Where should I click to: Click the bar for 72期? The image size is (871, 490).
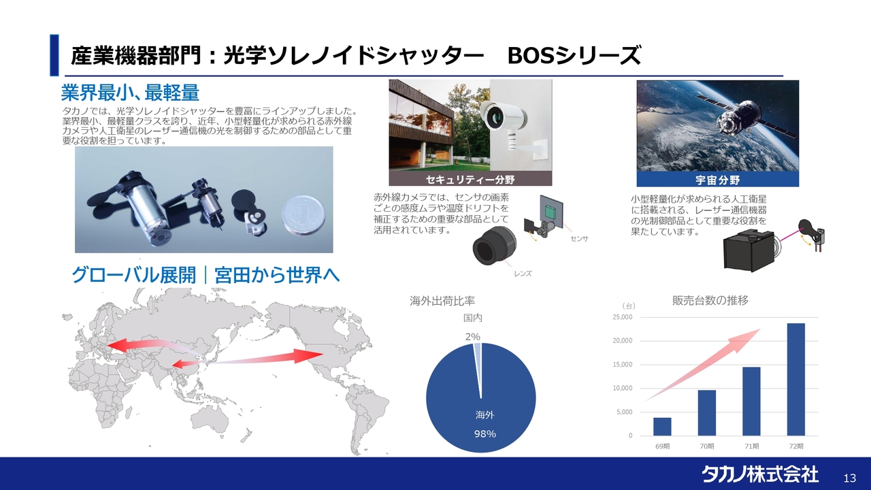[796, 379]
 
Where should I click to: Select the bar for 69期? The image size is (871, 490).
[662, 427]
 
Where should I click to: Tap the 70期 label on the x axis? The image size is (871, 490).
[707, 446]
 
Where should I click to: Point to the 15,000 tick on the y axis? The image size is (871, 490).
[623, 365]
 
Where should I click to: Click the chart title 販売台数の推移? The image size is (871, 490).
[710, 301]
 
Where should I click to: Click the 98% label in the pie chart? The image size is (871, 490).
[485, 434]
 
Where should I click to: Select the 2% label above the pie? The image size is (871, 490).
[473, 337]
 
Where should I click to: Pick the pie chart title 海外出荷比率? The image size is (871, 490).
[442, 301]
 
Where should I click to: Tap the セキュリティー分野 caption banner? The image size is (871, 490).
[470, 180]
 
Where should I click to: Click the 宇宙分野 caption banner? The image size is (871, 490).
[718, 180]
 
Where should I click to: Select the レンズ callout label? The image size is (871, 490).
[523, 274]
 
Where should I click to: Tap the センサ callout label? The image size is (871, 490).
[579, 239]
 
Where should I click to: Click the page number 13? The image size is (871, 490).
[850, 478]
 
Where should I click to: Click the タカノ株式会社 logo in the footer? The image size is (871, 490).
[760, 474]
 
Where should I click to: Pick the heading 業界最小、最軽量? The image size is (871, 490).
[130, 93]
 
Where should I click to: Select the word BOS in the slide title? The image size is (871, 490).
[531, 56]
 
